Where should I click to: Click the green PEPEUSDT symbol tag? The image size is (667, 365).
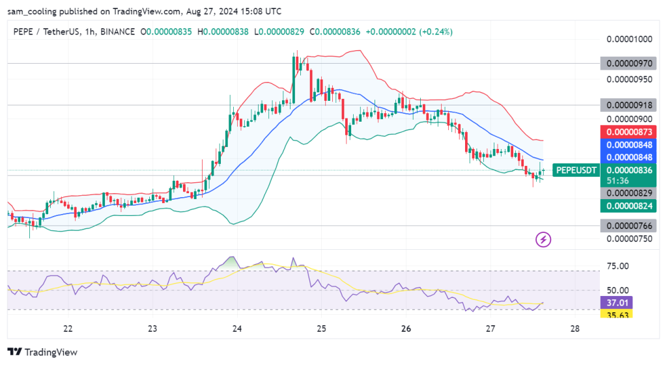576,170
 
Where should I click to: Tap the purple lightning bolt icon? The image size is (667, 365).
543,239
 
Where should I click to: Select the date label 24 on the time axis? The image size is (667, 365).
236,329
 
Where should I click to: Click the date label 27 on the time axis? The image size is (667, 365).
490,329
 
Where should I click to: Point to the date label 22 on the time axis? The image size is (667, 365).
67,329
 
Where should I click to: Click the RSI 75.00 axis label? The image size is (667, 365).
617,266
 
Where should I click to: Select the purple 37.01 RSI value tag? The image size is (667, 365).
617,303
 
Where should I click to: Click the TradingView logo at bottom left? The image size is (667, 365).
42,352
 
